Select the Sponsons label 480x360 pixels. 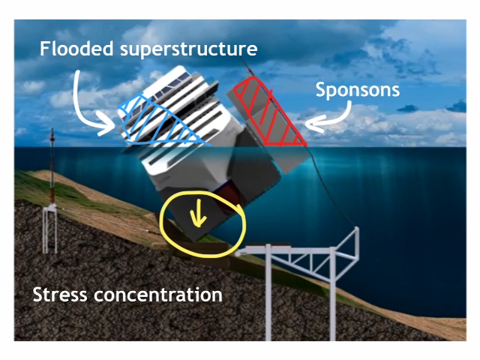[x=358, y=90]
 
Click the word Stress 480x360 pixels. [x=60, y=295]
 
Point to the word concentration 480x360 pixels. [x=158, y=295]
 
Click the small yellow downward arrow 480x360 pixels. [x=198, y=213]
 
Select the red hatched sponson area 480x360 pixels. [x=269, y=112]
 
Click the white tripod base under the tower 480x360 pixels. [x=50, y=229]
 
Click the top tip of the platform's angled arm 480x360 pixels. [x=357, y=228]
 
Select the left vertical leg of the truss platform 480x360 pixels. [x=268, y=292]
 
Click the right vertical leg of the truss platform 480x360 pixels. [x=332, y=294]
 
